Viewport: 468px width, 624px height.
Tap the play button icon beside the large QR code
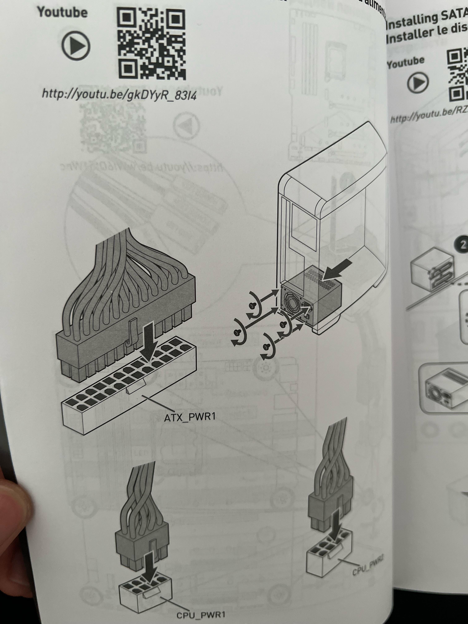pos(76,45)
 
